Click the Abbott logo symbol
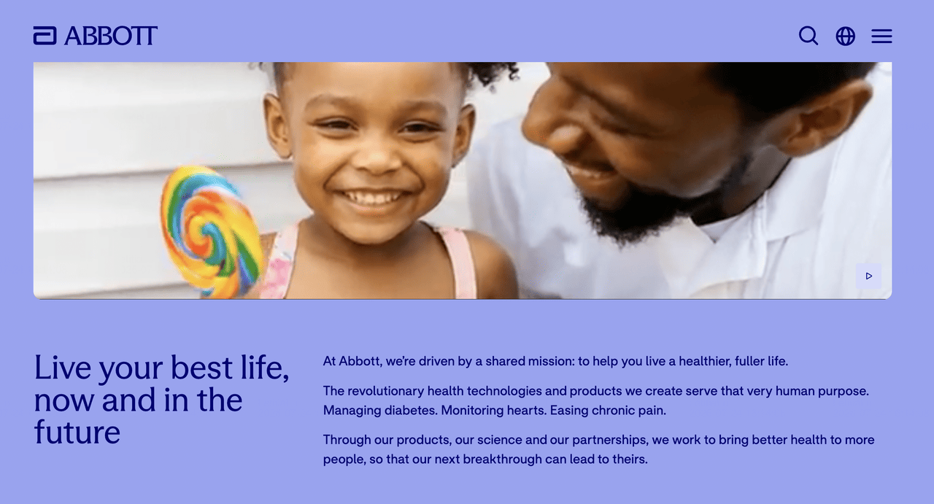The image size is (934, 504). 45,36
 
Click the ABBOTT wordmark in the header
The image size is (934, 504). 111,36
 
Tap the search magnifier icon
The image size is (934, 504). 808,36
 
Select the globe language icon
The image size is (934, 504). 845,36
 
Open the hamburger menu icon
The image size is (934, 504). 881,36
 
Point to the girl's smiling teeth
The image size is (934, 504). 373,197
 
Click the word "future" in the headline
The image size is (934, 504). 77,433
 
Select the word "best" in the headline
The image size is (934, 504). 201,368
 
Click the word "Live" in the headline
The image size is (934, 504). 63,368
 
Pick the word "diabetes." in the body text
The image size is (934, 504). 411,410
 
